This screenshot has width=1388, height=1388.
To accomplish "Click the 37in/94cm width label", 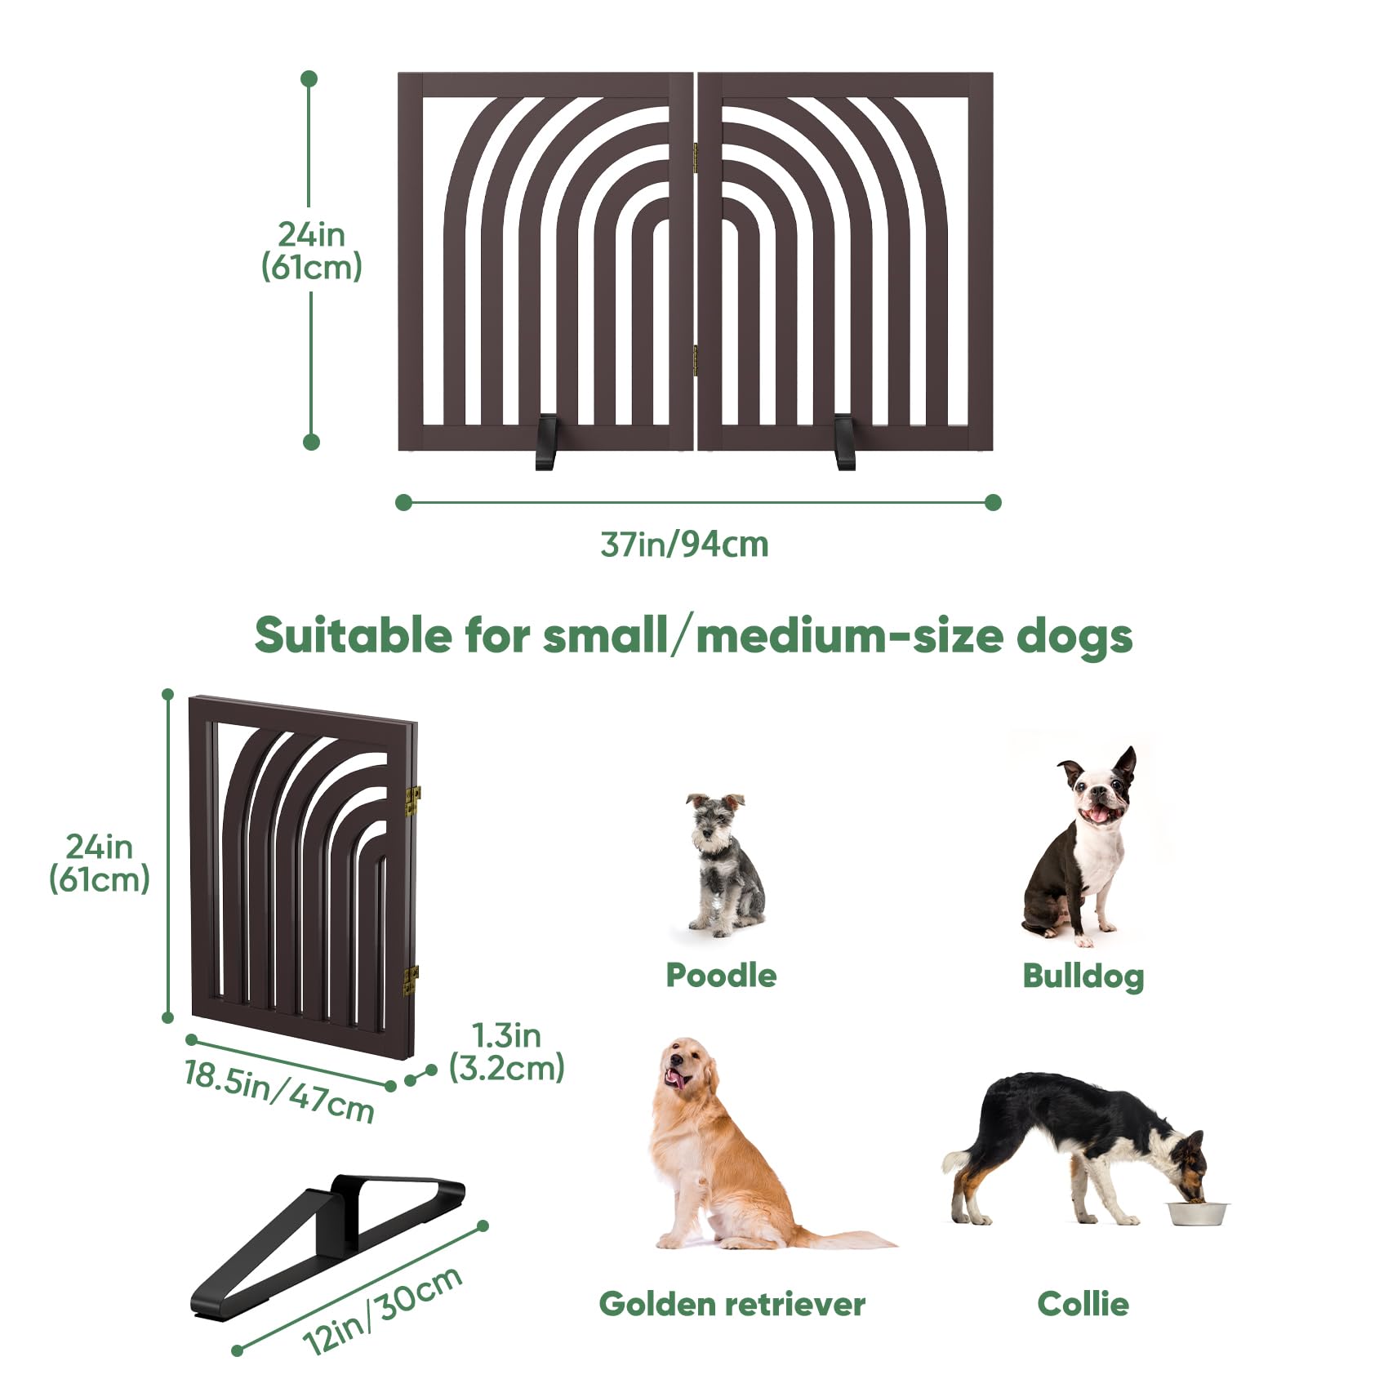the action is pos(684,545).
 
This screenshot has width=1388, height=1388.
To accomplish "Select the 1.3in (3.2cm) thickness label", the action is pos(507,1052).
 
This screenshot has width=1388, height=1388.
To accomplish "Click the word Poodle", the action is pos(721,975).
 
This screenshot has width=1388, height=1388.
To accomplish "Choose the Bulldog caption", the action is pos(1083,976).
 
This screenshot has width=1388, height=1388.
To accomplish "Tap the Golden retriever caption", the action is pos(732,1304).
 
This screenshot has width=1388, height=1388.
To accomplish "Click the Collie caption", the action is pos(1083,1304).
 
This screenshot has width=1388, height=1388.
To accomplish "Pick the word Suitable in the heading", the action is pos(353,635).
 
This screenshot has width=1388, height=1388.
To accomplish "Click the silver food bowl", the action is pos(1198,1212).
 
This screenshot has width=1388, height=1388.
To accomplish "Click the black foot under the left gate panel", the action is pos(546,442).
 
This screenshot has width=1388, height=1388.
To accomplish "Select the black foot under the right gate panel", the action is pos(845,442).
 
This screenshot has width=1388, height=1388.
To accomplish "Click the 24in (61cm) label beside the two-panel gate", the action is pos(311,251).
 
